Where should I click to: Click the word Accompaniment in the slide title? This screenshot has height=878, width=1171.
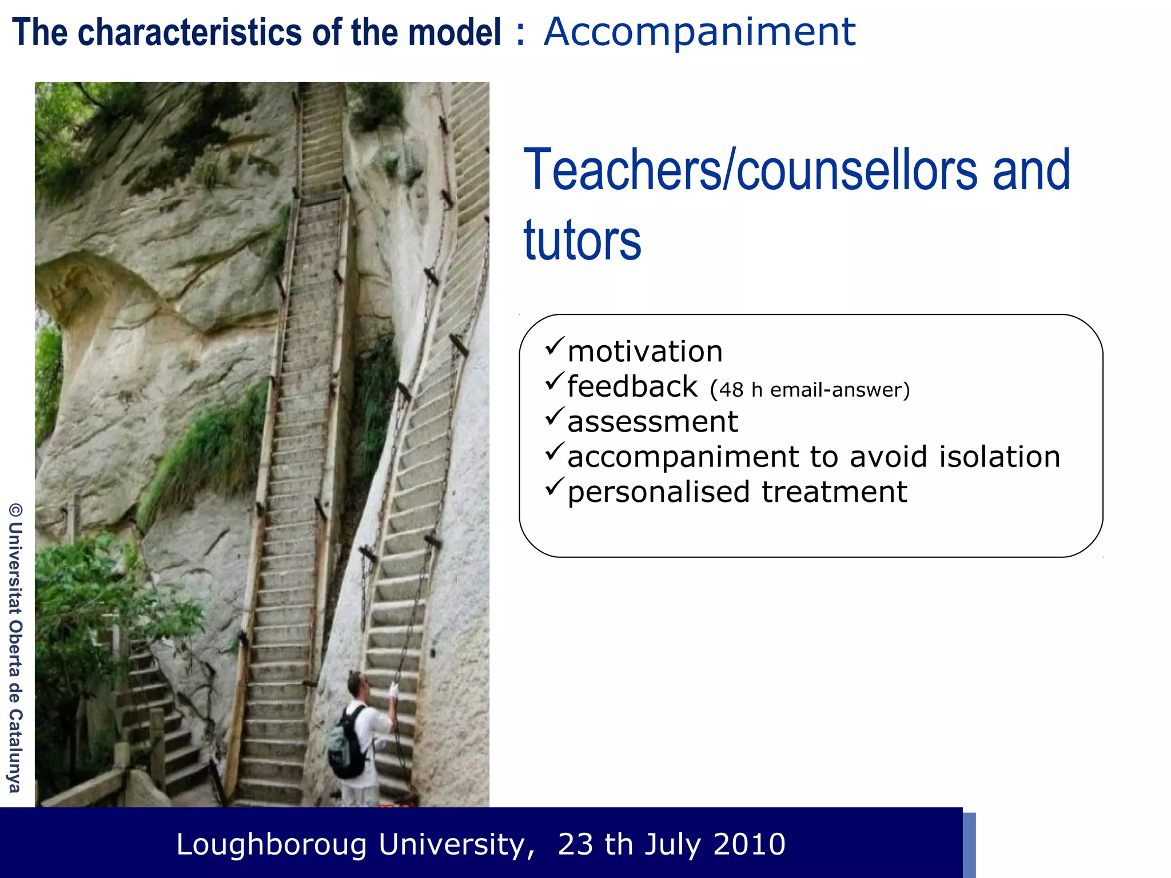click(699, 32)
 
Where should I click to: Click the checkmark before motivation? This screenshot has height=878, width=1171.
click(554, 346)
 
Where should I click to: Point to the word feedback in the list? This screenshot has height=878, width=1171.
click(632, 387)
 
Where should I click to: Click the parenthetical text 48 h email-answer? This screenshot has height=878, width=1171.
click(809, 390)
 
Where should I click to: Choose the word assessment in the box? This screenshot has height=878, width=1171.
click(652, 422)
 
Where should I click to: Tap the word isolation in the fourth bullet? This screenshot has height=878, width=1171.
click(999, 457)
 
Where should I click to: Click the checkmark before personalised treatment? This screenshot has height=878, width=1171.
click(554, 487)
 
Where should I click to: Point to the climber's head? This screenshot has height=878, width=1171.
click(358, 683)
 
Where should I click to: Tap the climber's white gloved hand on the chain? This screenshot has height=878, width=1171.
click(393, 691)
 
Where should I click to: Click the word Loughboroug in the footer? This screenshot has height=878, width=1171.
click(271, 845)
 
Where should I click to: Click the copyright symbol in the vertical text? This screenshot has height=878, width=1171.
click(15, 510)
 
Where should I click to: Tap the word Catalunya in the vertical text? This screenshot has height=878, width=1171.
click(15, 751)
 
